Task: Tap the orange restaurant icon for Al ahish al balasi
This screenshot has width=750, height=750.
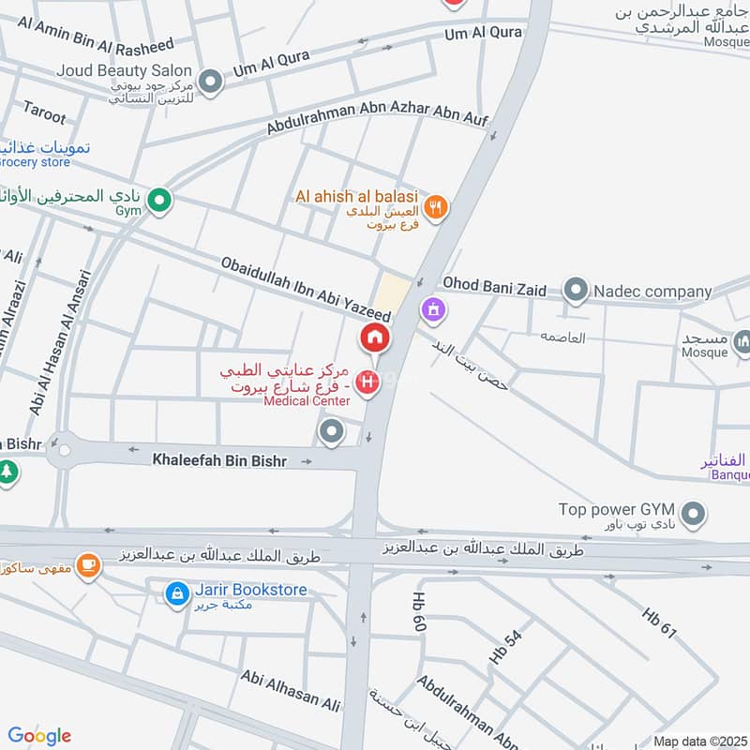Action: (434, 207)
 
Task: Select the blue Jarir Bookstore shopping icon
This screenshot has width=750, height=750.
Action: (175, 592)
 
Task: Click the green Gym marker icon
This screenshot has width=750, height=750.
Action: (160, 200)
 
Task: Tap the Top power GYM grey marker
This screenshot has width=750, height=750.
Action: (693, 513)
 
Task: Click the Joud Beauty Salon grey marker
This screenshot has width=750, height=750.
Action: (211, 82)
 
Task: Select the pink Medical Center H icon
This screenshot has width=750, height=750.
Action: (370, 382)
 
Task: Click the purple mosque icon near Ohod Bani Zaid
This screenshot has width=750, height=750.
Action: (432, 307)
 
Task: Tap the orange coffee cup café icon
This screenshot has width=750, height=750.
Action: (89, 565)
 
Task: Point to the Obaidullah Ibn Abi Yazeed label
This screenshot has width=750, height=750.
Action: (305, 292)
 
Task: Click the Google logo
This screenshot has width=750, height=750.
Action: (39, 736)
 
